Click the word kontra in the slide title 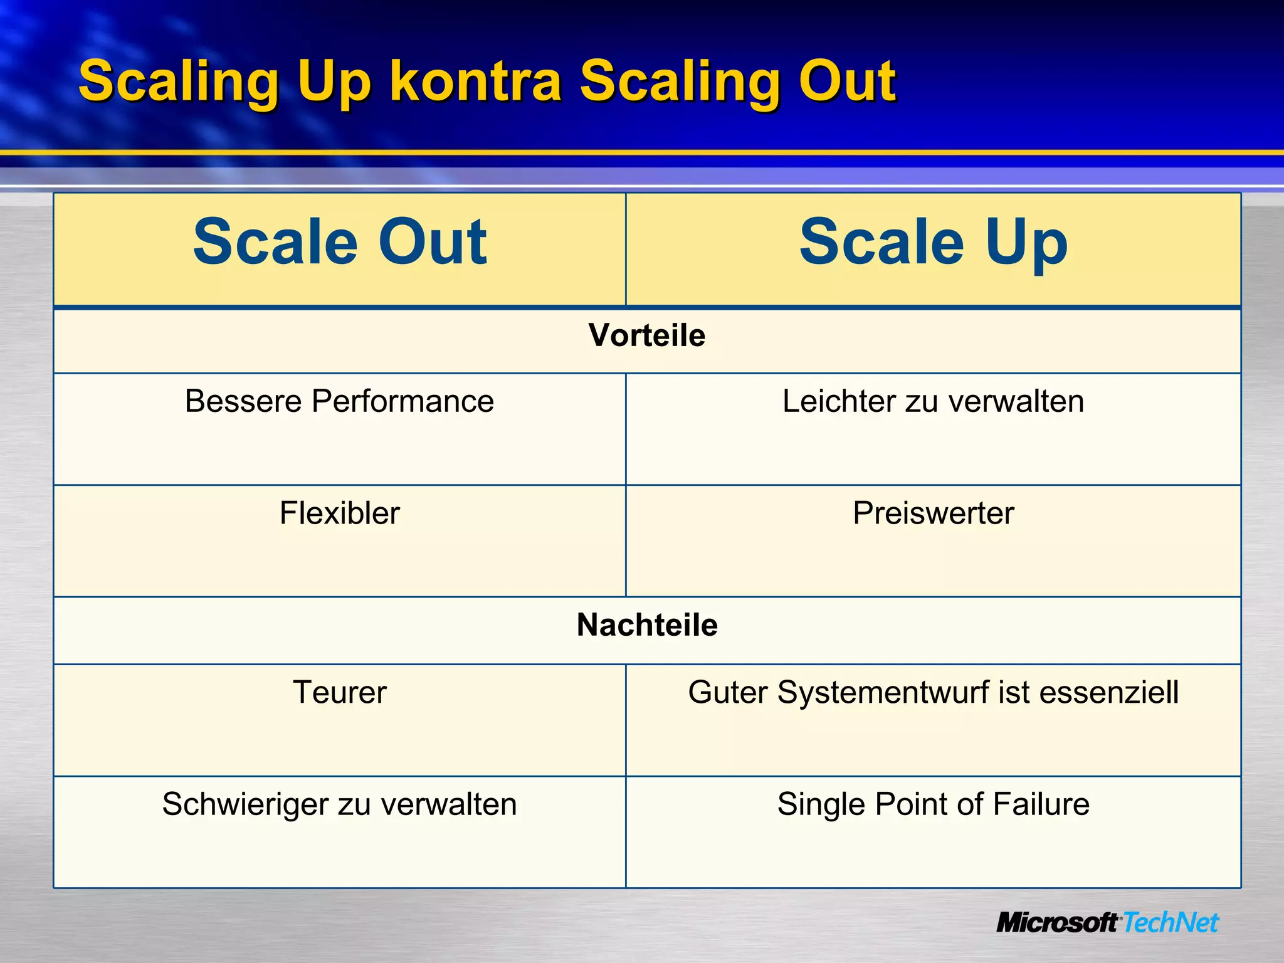(475, 82)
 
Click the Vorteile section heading (647, 336)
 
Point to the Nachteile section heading (647, 625)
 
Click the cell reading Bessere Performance (339, 401)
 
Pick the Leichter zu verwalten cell (933, 401)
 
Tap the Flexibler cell (339, 513)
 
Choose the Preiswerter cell (933, 513)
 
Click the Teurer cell (339, 693)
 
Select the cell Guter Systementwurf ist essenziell (933, 693)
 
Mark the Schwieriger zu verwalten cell (339, 804)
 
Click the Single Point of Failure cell (933, 804)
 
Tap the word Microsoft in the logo (1057, 923)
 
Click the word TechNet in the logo (1170, 923)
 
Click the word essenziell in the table (1108, 693)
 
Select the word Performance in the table (403, 402)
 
